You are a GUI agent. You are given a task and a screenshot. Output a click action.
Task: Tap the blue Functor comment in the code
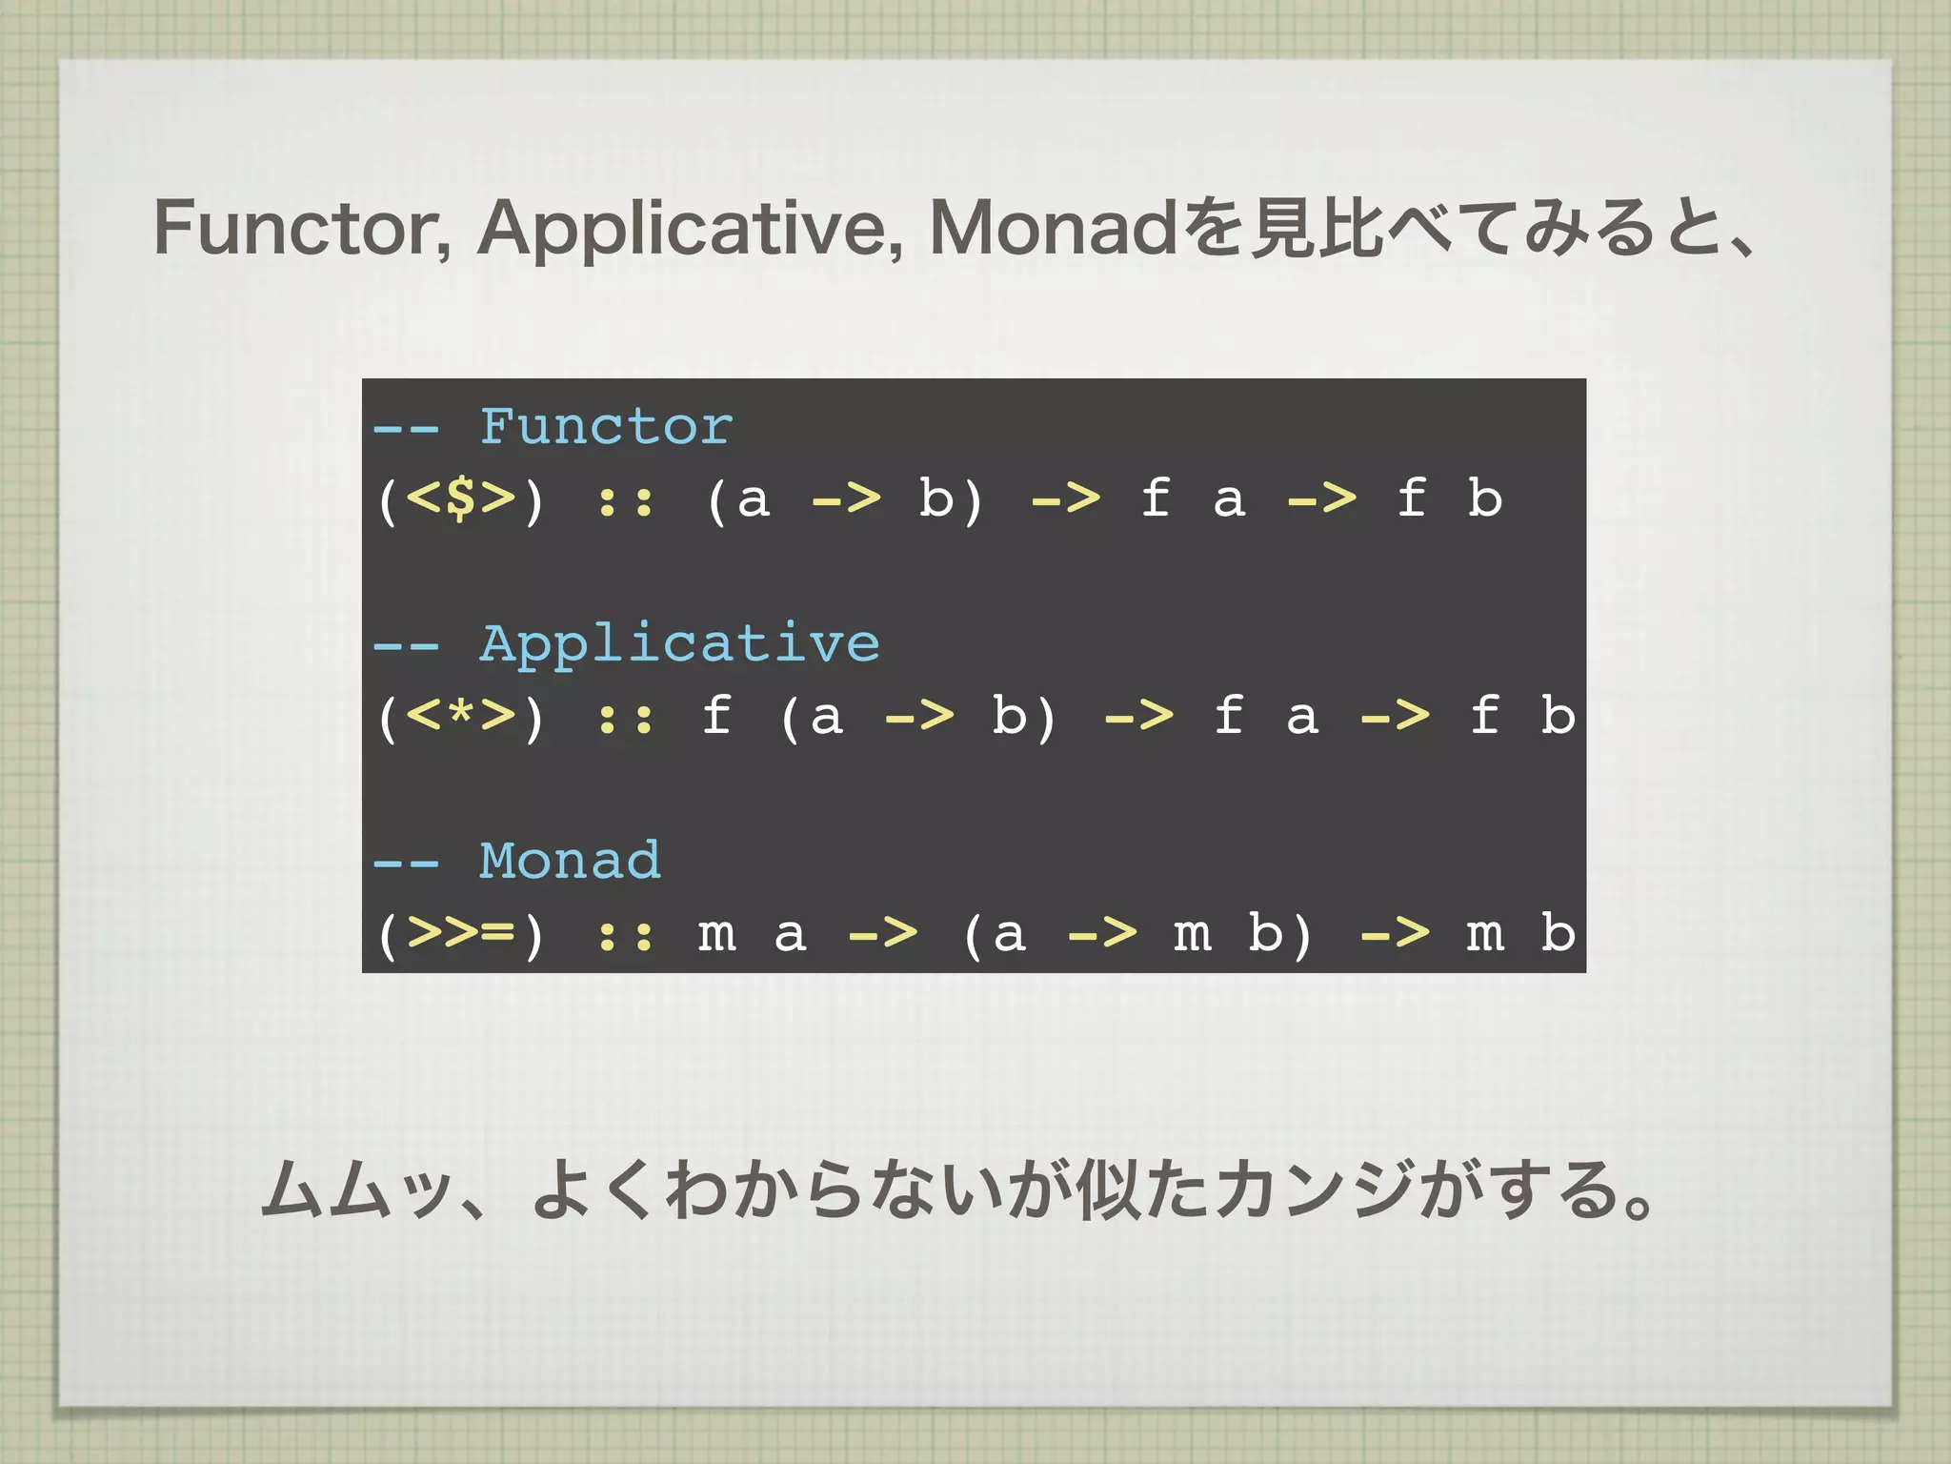coord(606,426)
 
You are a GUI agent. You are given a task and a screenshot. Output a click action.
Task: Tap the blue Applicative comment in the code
coord(679,643)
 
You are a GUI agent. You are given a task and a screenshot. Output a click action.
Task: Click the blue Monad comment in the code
coord(570,861)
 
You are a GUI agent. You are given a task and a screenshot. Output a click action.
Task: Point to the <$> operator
coord(460,498)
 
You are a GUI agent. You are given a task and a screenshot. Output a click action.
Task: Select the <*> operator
coord(460,716)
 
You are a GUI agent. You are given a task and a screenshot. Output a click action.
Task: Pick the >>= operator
coord(460,933)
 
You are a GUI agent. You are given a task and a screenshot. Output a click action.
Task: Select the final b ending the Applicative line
coord(1558,716)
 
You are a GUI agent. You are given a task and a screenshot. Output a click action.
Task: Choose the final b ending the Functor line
coord(1484,498)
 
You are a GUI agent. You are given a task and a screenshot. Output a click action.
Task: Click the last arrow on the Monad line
coord(1395,933)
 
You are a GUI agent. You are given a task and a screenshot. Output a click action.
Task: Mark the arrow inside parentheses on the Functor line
coord(846,498)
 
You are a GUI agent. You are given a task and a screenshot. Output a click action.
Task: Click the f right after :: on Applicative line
coord(716,716)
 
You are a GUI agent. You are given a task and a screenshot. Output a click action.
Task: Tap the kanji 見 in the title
coord(1282,229)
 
